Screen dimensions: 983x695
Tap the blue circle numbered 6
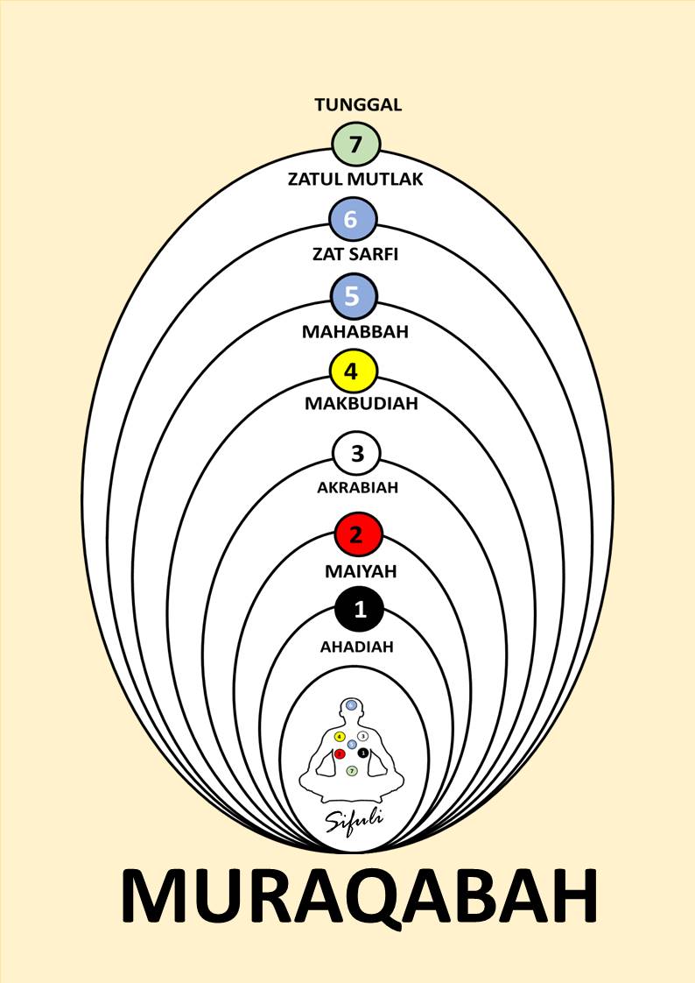(353, 219)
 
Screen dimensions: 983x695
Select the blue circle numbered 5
(353, 296)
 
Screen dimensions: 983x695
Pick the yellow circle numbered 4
(353, 371)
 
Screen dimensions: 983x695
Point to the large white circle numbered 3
(355, 454)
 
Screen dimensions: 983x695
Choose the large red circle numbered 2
(357, 534)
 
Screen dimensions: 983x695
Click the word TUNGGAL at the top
(358, 105)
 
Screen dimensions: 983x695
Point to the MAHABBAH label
(355, 332)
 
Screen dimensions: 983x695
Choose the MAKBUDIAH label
(361, 404)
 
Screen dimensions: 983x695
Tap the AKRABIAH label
(357, 487)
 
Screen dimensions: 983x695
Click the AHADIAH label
(356, 647)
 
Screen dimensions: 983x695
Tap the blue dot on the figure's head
(352, 704)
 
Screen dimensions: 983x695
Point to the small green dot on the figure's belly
(351, 771)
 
